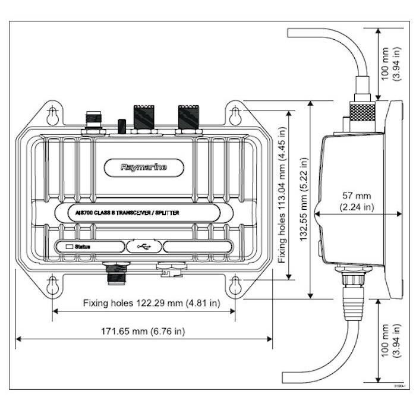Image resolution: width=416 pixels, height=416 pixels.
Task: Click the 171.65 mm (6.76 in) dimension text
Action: click(143, 331)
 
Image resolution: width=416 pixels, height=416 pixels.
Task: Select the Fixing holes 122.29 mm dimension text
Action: click(152, 303)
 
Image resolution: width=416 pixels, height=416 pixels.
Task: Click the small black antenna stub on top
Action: click(122, 126)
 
